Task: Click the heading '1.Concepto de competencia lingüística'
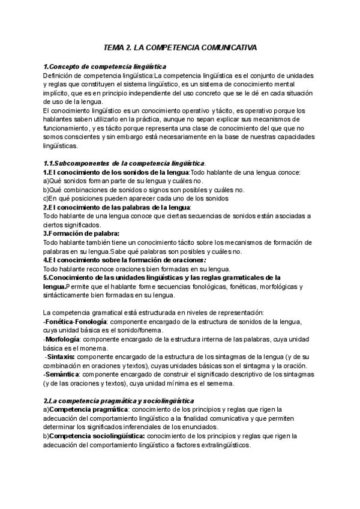[106, 67]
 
